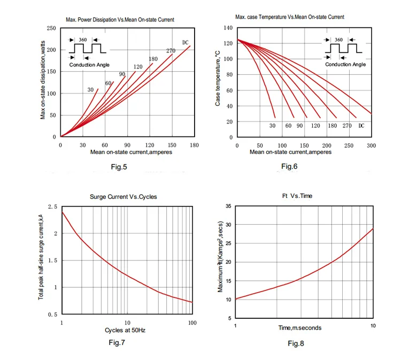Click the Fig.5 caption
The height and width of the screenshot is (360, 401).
(x=119, y=167)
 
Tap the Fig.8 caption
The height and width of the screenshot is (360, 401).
(x=296, y=343)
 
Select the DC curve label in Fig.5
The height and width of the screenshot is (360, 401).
(x=186, y=43)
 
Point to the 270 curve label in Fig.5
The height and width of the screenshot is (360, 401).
(x=171, y=51)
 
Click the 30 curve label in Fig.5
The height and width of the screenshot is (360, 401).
(x=91, y=90)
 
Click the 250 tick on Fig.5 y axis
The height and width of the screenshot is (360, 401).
(x=51, y=28)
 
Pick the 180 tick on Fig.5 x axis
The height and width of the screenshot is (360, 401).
(x=194, y=145)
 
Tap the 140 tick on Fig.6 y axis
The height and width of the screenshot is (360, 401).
(x=228, y=28)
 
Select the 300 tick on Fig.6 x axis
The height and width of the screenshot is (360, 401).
(x=371, y=145)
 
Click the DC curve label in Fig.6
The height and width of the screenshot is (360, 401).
(x=361, y=125)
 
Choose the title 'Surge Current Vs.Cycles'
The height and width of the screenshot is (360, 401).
(x=124, y=197)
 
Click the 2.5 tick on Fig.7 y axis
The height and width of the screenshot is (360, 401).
(x=52, y=206)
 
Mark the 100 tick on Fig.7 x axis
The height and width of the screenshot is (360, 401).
(x=192, y=323)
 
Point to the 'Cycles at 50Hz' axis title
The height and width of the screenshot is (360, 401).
(x=125, y=330)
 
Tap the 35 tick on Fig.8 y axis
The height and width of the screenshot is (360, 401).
(x=228, y=206)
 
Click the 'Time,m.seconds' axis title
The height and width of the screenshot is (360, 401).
(x=299, y=327)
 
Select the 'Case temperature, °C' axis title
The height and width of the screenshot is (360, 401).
(x=218, y=78)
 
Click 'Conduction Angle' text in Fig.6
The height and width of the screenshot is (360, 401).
(x=345, y=64)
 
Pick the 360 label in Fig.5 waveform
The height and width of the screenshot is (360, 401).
(x=82, y=40)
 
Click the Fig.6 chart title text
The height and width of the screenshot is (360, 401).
(x=289, y=17)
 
